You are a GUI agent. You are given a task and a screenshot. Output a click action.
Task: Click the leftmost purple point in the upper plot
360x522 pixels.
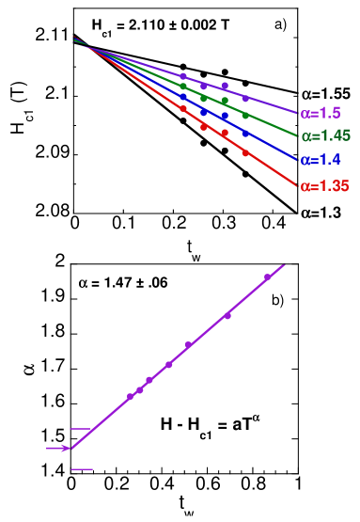coord(183,75)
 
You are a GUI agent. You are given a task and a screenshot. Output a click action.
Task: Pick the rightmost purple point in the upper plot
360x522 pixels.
coord(245,98)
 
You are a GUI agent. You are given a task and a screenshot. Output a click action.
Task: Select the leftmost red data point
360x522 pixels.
coord(183,108)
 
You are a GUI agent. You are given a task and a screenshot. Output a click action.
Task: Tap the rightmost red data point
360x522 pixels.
coord(245,152)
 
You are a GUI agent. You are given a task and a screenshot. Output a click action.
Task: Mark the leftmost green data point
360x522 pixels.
coord(183,86)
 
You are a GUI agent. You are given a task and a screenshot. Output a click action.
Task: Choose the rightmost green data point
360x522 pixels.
coord(245,115)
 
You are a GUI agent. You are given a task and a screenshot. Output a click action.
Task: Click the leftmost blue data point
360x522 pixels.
coord(183,96)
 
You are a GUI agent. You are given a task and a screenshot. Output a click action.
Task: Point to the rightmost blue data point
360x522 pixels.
coord(245,133)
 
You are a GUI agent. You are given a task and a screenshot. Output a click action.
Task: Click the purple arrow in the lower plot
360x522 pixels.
coord(57,448)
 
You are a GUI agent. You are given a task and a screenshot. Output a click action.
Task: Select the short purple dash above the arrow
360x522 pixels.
coord(81,429)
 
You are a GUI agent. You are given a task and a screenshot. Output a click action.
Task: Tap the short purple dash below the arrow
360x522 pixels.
coord(82,468)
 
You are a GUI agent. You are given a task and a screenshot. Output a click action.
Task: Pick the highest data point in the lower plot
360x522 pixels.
coord(267,277)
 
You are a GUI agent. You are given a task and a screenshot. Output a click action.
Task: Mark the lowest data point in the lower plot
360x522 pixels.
coord(130,396)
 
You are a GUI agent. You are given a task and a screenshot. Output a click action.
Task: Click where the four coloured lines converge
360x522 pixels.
coord(76,40)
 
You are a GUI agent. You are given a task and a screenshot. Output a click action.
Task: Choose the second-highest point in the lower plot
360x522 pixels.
coord(227,315)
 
